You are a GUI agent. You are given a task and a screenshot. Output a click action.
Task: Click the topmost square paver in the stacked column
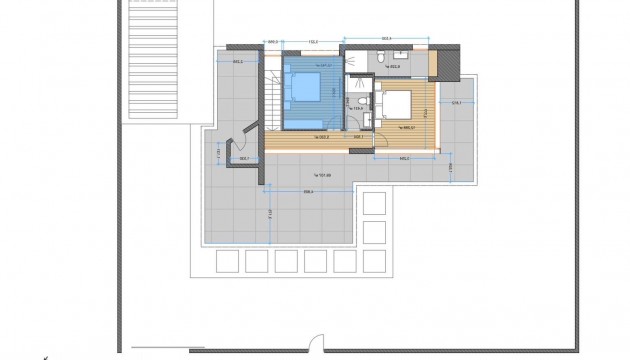coord(374,204)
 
